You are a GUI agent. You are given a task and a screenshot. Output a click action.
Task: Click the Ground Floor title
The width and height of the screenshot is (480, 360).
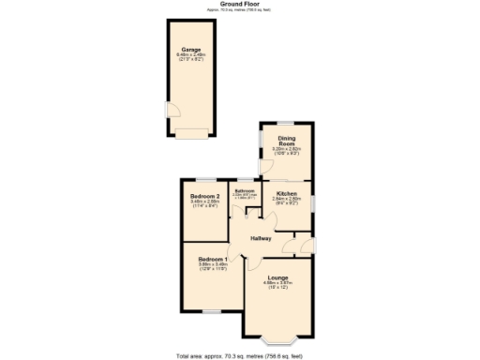coord(239,4)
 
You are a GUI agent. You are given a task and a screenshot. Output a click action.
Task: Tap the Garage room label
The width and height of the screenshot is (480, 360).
coord(191,49)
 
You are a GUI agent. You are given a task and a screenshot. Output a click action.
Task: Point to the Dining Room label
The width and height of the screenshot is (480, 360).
coord(286,142)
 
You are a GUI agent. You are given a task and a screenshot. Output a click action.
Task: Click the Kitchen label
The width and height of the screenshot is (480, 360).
coord(286,193)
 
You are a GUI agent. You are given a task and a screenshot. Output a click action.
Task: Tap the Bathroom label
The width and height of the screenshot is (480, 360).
coord(245,190)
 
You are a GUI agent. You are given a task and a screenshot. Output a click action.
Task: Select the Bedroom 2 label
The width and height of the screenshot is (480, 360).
coord(204,196)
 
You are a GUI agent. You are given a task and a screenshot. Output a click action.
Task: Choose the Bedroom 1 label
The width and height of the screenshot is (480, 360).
coord(212,258)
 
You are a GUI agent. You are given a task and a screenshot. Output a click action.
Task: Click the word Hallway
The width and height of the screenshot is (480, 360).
coord(261,238)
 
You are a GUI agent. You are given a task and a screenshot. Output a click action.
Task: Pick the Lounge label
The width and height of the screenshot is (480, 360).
coord(277,277)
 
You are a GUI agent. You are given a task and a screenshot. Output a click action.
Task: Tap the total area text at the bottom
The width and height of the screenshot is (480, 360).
coord(239,355)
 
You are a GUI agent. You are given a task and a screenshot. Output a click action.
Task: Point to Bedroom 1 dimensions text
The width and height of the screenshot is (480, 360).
coord(212,266)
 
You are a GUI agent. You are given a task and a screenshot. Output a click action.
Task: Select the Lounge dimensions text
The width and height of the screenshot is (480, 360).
coord(277,285)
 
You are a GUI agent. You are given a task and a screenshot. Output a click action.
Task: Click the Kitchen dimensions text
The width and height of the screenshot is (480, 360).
coord(286,201)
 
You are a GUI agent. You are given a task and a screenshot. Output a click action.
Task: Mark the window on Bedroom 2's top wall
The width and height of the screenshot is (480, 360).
coord(204,178)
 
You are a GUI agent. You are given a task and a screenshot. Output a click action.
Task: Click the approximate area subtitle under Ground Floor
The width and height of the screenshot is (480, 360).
coord(239,9)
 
